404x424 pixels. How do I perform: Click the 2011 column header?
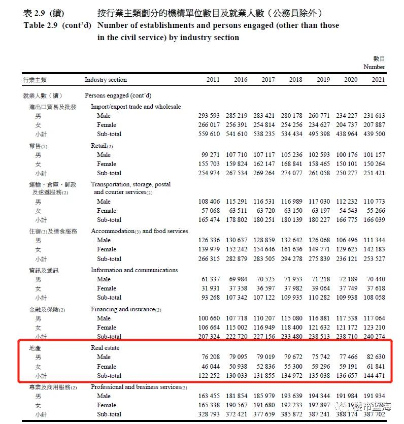[213, 80]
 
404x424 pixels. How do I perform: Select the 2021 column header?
[378, 80]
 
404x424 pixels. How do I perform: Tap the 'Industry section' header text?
[106, 80]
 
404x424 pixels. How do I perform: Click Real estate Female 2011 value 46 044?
[209, 367]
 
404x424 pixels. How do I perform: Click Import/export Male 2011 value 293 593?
[209, 116]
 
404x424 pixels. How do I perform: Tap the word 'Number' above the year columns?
[374, 67]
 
